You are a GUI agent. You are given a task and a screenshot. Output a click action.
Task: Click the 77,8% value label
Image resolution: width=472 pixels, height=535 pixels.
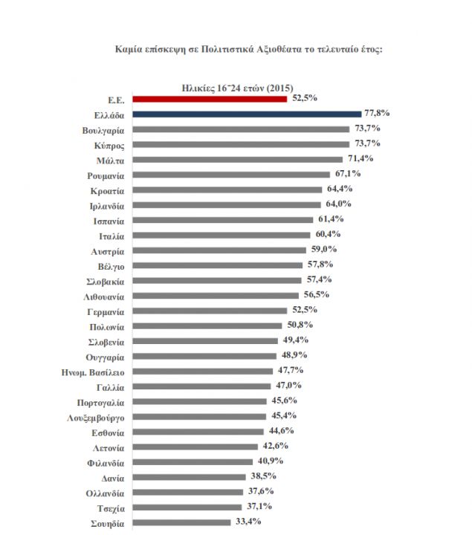point(378,113)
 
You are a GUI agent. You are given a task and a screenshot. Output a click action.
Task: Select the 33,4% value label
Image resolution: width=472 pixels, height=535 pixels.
point(247,521)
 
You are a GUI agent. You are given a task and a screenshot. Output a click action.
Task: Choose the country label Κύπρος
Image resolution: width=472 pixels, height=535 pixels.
point(109,145)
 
